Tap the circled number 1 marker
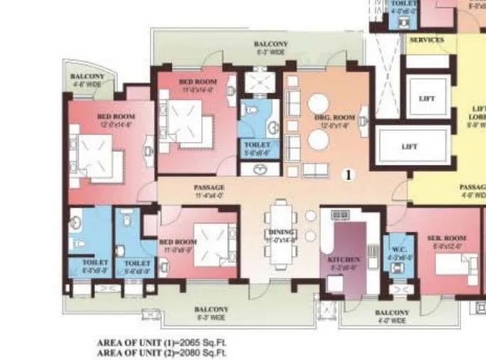pyautogui.click(x=348, y=173)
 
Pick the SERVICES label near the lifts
pyautogui.click(x=426, y=40)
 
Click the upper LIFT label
pyautogui.click(x=427, y=99)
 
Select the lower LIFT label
pyautogui.click(x=409, y=147)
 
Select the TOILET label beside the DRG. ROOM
pyautogui.click(x=252, y=146)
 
